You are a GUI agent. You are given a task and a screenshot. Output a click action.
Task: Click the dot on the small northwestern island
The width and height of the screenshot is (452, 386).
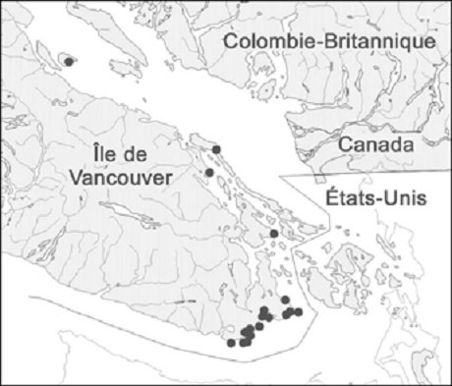tap(68, 61)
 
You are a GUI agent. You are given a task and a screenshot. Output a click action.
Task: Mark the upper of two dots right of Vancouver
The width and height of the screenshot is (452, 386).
tap(216, 149)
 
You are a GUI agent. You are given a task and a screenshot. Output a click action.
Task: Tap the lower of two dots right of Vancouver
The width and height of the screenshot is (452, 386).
tap(209, 173)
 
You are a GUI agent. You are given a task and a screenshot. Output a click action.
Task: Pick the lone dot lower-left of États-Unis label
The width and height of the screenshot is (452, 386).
tap(273, 234)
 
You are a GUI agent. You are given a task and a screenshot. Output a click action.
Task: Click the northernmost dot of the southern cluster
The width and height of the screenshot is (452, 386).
tap(285, 299)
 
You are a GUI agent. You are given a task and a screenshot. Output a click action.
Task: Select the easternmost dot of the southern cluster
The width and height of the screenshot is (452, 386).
tap(299, 311)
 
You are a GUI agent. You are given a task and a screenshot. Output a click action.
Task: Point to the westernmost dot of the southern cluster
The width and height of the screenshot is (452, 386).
tap(231, 344)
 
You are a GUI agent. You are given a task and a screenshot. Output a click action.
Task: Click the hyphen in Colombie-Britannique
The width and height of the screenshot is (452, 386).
tap(324, 43)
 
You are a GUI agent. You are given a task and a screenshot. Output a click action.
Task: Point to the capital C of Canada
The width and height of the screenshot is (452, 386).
tap(344, 145)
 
